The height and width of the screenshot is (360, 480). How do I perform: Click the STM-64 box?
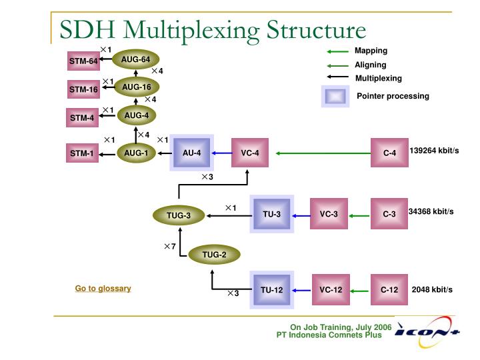(x=83, y=62)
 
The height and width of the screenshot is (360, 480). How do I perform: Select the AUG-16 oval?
(x=137, y=87)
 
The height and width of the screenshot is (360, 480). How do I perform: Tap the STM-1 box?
(x=83, y=154)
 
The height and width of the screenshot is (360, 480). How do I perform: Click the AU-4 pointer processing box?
(x=192, y=153)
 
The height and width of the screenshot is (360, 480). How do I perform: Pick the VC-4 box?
(x=250, y=153)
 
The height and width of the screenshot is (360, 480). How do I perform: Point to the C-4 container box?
(x=389, y=153)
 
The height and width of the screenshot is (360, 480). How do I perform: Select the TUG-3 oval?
(x=179, y=215)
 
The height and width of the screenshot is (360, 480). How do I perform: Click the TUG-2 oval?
(x=215, y=254)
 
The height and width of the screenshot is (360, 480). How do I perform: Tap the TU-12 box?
(x=271, y=290)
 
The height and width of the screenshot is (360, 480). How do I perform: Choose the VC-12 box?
(x=331, y=290)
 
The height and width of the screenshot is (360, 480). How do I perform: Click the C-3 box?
(x=389, y=214)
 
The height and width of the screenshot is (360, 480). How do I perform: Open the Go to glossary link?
(x=103, y=289)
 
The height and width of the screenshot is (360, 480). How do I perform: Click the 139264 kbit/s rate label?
(x=434, y=151)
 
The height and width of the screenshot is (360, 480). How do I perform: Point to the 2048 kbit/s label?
(x=432, y=290)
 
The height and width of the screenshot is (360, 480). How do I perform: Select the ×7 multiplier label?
(x=170, y=247)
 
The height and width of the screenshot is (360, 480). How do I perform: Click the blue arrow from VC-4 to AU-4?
(x=222, y=153)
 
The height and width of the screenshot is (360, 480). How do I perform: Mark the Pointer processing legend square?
(x=335, y=97)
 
